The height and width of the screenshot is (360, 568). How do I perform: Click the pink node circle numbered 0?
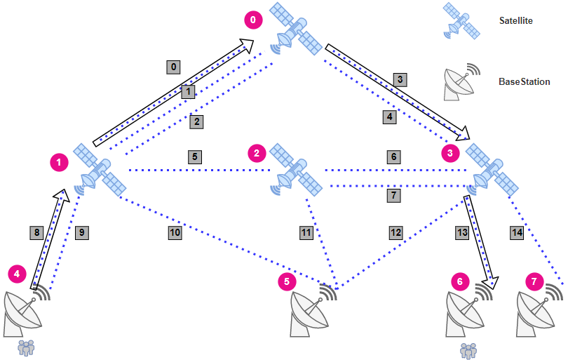(x=253, y=20)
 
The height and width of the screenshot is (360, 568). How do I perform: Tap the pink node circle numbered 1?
(x=60, y=163)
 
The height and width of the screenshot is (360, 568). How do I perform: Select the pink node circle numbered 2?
(x=257, y=152)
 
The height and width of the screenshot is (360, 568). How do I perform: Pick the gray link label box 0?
(x=174, y=67)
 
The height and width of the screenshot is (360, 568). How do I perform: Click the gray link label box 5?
(x=195, y=156)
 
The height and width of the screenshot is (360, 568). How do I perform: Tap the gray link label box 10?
(x=175, y=232)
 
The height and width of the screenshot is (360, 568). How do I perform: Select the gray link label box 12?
(x=396, y=232)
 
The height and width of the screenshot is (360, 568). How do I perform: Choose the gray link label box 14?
(x=518, y=232)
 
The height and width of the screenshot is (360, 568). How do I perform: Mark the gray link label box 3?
(x=400, y=79)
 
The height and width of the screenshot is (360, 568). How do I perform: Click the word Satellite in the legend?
(x=515, y=21)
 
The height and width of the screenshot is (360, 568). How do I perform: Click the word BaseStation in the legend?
(x=525, y=82)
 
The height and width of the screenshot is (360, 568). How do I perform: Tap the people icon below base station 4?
(x=26, y=346)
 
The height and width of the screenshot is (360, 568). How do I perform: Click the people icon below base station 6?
(x=468, y=349)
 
